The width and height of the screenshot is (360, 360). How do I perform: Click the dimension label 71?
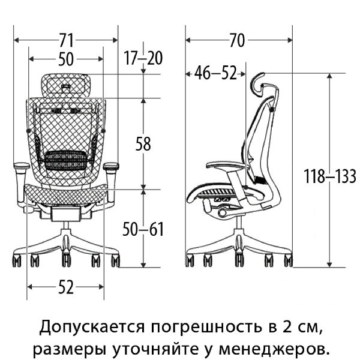tap(66, 41)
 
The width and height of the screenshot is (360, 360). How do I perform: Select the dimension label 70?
tap(238, 41)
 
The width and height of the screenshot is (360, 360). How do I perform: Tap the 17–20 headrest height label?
tap(144, 58)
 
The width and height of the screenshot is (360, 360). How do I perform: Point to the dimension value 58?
tap(143, 144)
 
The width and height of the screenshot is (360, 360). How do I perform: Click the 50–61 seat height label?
tap(143, 229)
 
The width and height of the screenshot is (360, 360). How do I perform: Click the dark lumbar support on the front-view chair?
tap(67, 160)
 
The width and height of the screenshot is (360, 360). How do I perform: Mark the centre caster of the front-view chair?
tap(65, 260)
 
